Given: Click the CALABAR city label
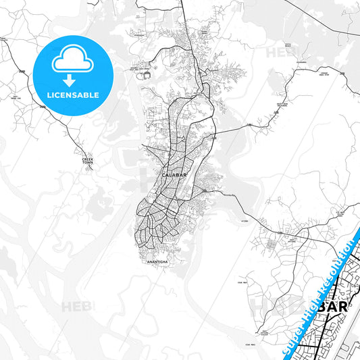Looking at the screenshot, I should coord(174,175).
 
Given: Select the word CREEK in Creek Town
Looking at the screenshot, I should coord(83,159).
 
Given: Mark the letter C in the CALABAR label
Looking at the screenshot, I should coord(165,175).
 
